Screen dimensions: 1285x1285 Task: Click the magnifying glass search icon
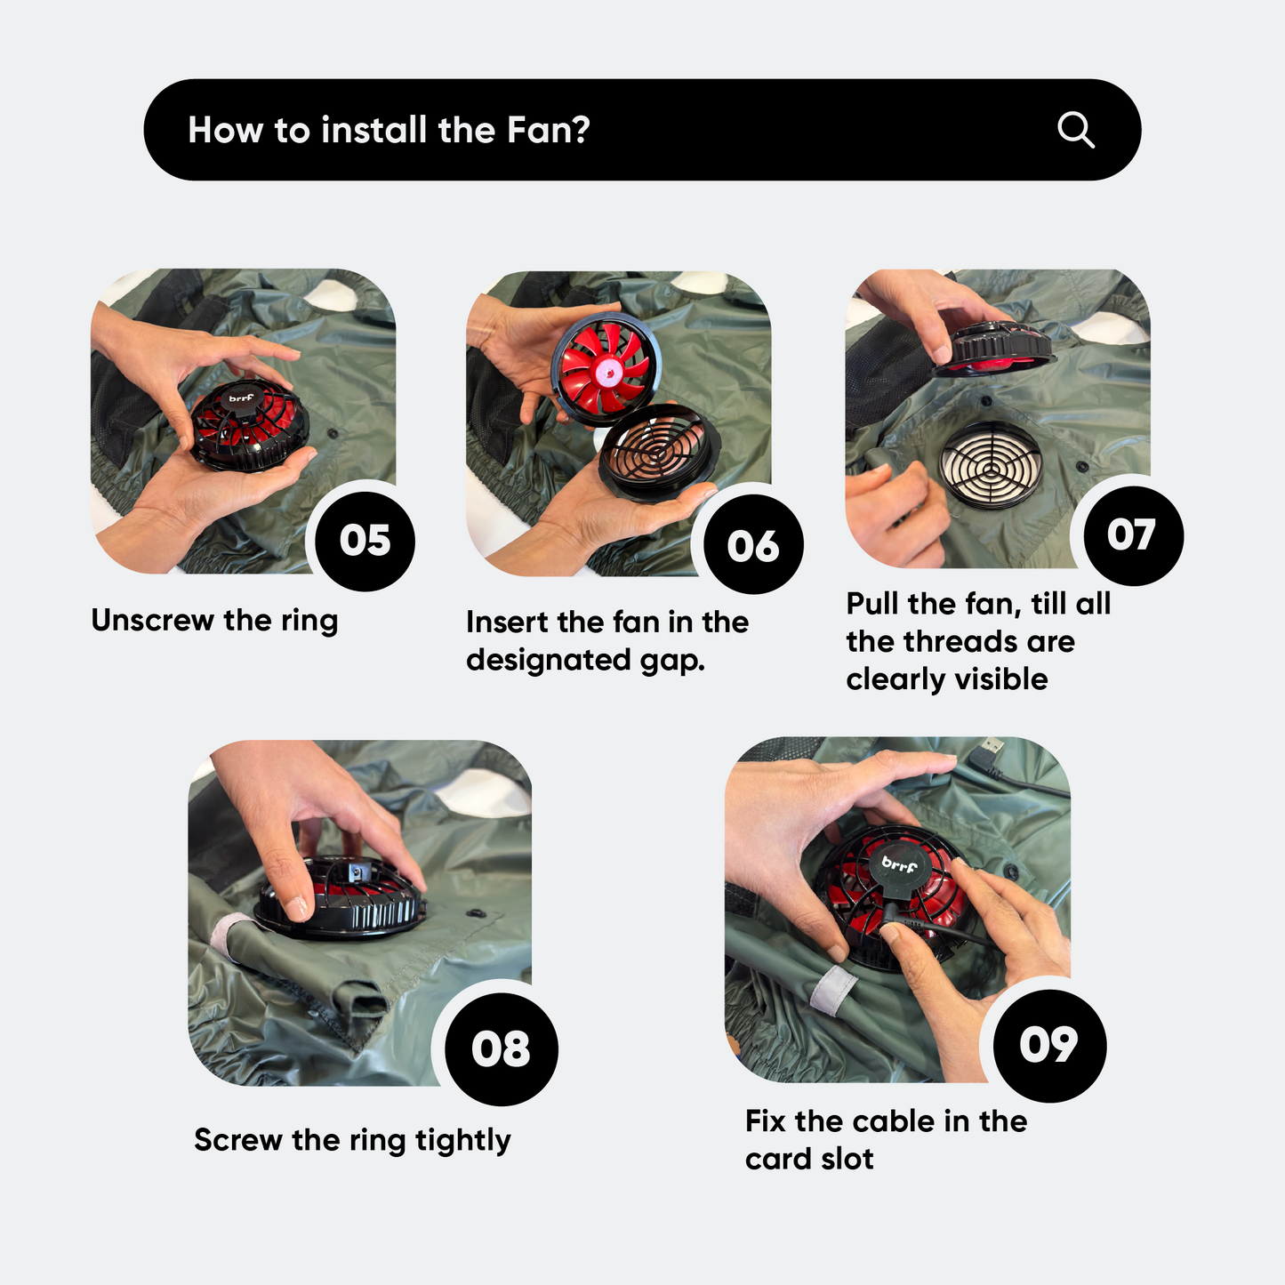point(1076,130)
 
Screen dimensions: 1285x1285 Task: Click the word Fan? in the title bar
point(548,130)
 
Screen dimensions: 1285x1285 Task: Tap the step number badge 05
point(365,541)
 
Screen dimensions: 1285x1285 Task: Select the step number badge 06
point(753,545)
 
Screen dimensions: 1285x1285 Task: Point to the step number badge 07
point(1134,535)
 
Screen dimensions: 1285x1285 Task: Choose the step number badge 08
point(501,1049)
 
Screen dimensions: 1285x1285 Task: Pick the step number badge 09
point(1049,1045)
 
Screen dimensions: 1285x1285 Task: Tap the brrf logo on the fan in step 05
point(241,398)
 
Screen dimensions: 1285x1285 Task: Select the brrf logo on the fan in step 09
point(900,864)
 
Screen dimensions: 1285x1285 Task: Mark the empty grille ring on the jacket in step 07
point(991,464)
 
